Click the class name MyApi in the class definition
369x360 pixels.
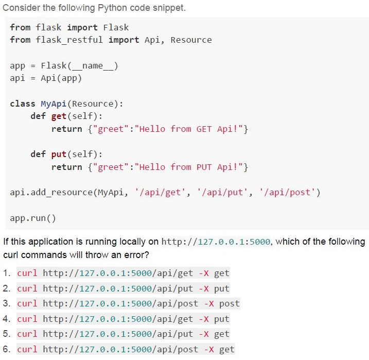point(54,104)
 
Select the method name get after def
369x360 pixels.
point(59,116)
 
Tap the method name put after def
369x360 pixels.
point(59,155)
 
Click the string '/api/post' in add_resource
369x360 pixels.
point(287,193)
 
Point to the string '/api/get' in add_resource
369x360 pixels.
point(160,193)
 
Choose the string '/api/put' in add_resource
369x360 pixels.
point(222,193)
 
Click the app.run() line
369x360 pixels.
point(33,218)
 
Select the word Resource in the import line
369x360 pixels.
point(191,40)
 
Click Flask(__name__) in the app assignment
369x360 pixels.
point(79,66)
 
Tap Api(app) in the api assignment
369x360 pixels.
point(61,78)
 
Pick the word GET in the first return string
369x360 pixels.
point(204,129)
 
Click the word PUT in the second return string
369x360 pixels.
point(204,167)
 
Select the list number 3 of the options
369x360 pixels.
point(6,303)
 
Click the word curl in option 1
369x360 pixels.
point(27,273)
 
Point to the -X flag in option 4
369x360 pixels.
point(204,319)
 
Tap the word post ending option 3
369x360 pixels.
point(230,304)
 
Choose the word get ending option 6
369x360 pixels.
point(227,350)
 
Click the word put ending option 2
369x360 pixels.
point(222,288)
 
